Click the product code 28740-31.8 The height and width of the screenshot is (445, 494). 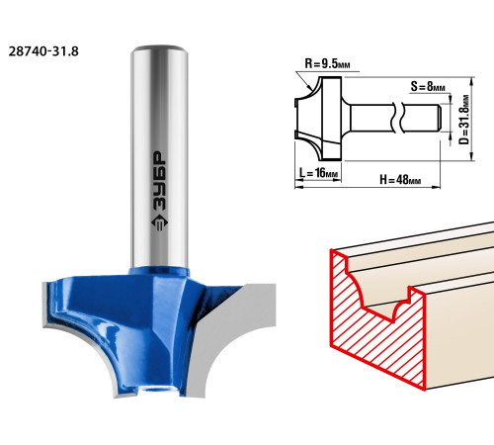coord(43,51)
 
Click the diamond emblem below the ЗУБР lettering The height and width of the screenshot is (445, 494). coord(160,222)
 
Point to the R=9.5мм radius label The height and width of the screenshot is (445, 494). coord(327,63)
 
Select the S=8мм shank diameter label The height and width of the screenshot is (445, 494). coord(428,86)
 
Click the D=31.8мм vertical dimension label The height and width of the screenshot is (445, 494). coord(463,120)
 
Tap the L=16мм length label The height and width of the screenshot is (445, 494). coord(318,172)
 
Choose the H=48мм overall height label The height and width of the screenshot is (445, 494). coord(400,180)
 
